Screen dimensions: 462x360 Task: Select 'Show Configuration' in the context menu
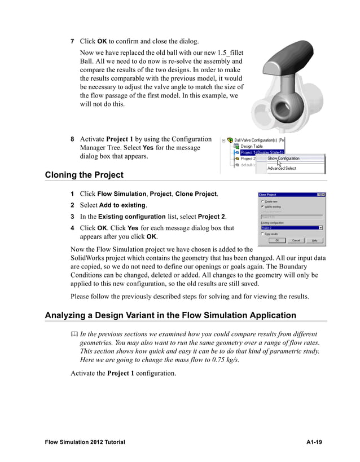(283, 159)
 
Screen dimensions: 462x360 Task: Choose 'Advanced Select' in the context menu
(281, 168)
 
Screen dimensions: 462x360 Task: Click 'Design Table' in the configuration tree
(251, 146)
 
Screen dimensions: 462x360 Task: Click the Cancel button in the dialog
(295, 240)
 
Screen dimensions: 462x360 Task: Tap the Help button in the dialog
(314, 240)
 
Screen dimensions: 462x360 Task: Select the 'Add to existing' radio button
(261, 206)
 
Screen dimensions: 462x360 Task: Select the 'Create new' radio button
(261, 201)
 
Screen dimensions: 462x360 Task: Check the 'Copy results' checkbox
(261, 234)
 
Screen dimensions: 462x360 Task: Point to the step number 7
(72, 42)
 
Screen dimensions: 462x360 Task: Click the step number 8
(72, 139)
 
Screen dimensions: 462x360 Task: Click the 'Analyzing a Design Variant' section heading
(170, 315)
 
